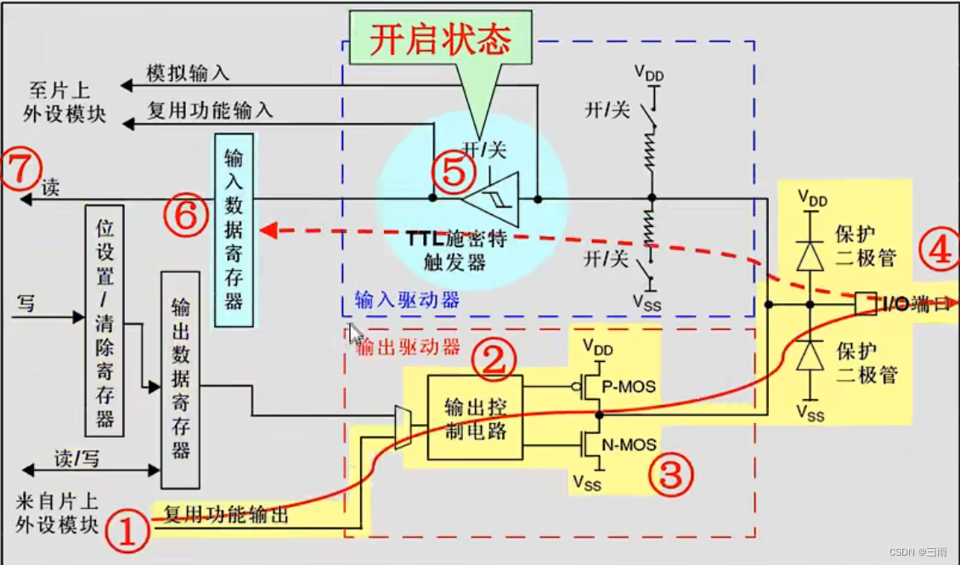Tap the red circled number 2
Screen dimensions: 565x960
point(494,359)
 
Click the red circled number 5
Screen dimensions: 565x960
point(452,172)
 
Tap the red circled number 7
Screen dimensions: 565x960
point(20,170)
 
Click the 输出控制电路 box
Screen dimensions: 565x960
point(476,417)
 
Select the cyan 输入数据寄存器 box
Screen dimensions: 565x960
point(234,229)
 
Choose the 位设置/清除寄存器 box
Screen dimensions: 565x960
point(104,320)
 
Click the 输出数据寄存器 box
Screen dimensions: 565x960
point(180,380)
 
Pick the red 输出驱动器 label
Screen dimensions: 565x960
point(406,346)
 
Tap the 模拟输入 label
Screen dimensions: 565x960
point(188,74)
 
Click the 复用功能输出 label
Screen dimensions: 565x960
point(226,514)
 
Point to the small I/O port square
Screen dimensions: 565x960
point(865,303)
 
